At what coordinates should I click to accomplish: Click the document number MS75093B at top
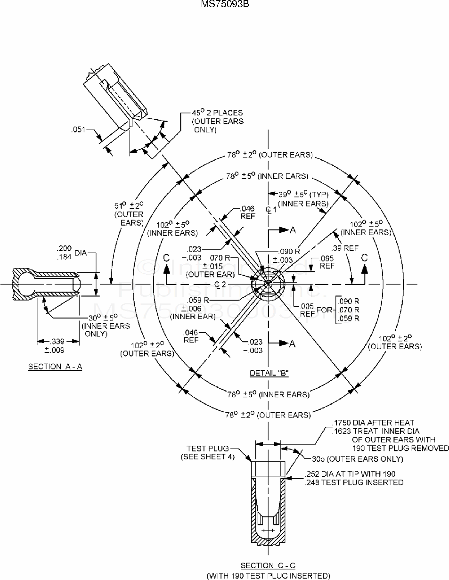tap(225, 4)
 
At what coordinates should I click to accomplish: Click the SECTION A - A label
tap(55, 367)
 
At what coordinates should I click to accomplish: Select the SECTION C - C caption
tap(268, 565)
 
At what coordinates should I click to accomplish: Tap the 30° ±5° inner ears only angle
tap(94, 325)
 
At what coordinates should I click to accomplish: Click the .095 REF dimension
tap(327, 262)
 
